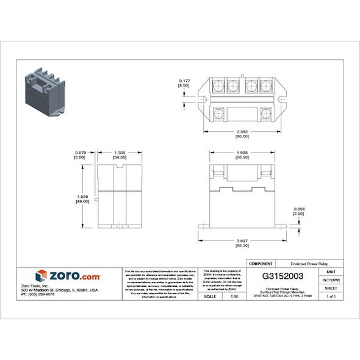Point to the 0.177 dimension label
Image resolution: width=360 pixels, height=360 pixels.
pos(184,81)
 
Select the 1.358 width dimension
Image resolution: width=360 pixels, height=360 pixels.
pos(120,153)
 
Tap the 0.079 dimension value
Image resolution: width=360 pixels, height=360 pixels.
pos(80,153)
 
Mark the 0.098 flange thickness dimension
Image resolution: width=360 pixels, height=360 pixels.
pos(315,209)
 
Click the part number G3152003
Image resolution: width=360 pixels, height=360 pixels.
pos(283,276)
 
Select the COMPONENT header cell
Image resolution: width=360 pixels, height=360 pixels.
pos(261,263)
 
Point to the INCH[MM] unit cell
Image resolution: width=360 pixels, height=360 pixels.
pos(331,279)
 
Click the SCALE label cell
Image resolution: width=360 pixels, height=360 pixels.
pos(210,296)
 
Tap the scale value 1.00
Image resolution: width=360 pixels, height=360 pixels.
pos(234,296)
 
